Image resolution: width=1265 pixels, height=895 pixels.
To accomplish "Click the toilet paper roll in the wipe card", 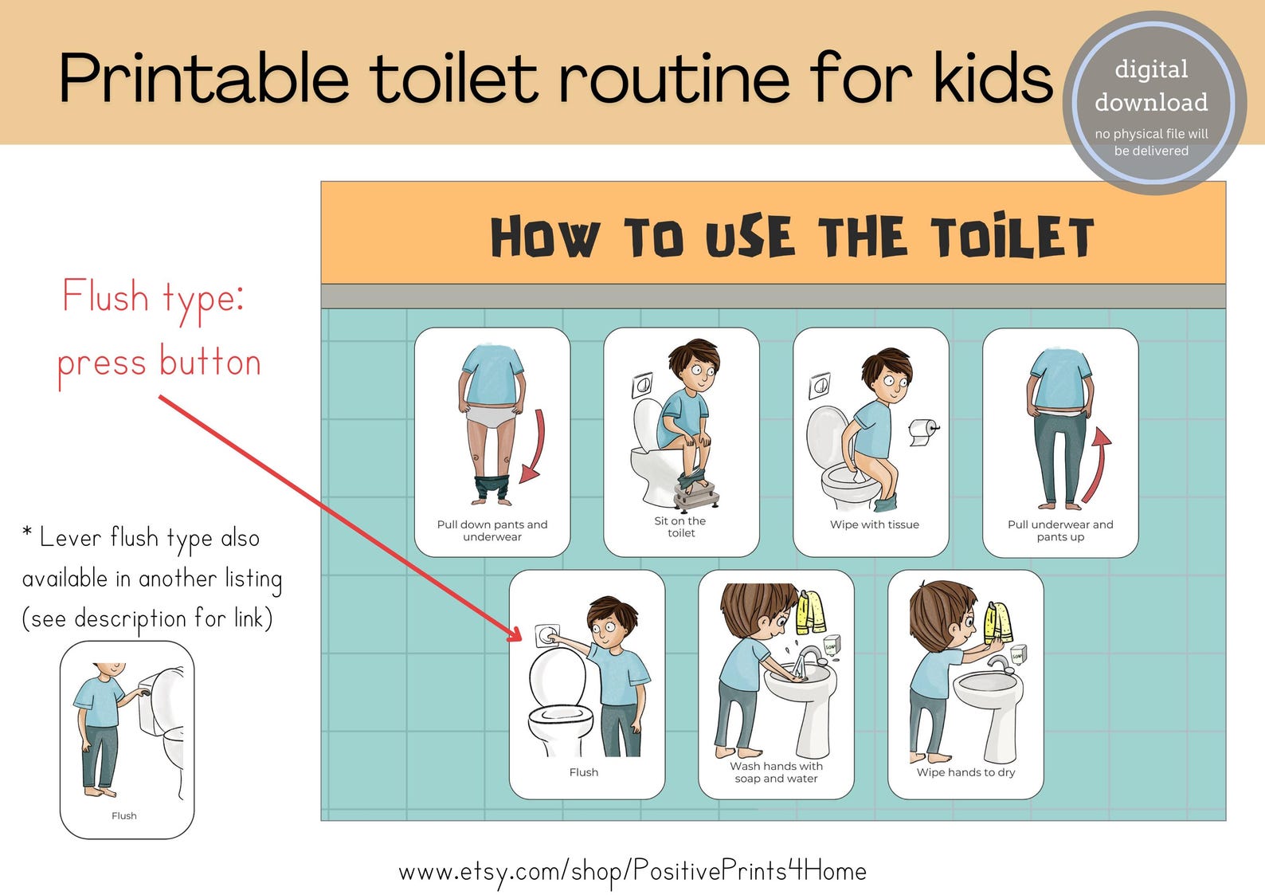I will (x=922, y=431).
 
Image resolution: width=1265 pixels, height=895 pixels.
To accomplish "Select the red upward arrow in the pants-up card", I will (x=1097, y=466).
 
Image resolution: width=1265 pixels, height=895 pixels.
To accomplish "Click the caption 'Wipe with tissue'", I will (x=874, y=524).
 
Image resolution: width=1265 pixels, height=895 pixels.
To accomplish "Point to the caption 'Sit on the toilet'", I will (x=680, y=527).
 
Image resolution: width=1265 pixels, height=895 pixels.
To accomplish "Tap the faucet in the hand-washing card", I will (x=809, y=658).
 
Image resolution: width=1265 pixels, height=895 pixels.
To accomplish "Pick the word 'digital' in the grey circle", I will (x=1151, y=69).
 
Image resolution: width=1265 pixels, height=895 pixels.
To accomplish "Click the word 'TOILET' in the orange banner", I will (x=1012, y=237).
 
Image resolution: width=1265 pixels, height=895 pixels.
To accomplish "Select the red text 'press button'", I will (x=159, y=363).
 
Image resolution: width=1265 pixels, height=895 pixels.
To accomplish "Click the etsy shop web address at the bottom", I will (x=632, y=871).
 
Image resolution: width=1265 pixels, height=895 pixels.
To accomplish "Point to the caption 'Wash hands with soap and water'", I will (x=776, y=772).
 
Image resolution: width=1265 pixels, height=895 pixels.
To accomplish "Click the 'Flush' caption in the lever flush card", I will (x=124, y=815).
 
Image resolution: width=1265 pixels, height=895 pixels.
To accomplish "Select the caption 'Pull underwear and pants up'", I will (x=1059, y=530).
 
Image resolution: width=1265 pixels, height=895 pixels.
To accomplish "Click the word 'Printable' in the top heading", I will (x=204, y=79).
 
